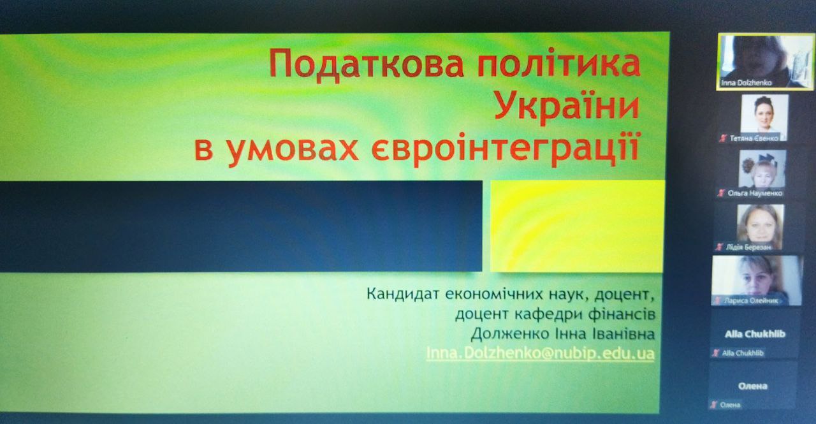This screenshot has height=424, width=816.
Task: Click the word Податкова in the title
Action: pyautogui.click(x=367, y=65)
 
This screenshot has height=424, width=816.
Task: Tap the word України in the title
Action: pyautogui.click(x=567, y=106)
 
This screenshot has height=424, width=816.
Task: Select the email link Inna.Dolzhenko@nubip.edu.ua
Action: pyautogui.click(x=540, y=353)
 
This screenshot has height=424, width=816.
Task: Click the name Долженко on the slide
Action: pyautogui.click(x=510, y=333)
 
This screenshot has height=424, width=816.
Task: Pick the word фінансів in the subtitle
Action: pyautogui.click(x=622, y=313)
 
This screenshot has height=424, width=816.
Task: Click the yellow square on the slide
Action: pyautogui.click(x=577, y=226)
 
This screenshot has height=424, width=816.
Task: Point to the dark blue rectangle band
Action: pyautogui.click(x=240, y=226)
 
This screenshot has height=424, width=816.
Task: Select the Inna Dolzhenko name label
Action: pyautogui.click(x=746, y=83)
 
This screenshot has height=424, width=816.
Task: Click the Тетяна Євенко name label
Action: pyautogui.click(x=754, y=138)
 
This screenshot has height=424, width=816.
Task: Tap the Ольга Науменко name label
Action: pyautogui.click(x=755, y=193)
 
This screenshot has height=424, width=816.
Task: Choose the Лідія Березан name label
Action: pyautogui.click(x=748, y=247)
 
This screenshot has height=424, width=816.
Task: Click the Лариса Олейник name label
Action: pyautogui.click(x=750, y=301)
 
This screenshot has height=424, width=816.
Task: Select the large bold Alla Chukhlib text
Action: pyautogui.click(x=755, y=334)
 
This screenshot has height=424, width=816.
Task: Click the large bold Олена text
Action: pyautogui.click(x=753, y=386)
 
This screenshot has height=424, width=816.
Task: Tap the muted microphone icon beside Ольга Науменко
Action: pyautogui.click(x=721, y=193)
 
